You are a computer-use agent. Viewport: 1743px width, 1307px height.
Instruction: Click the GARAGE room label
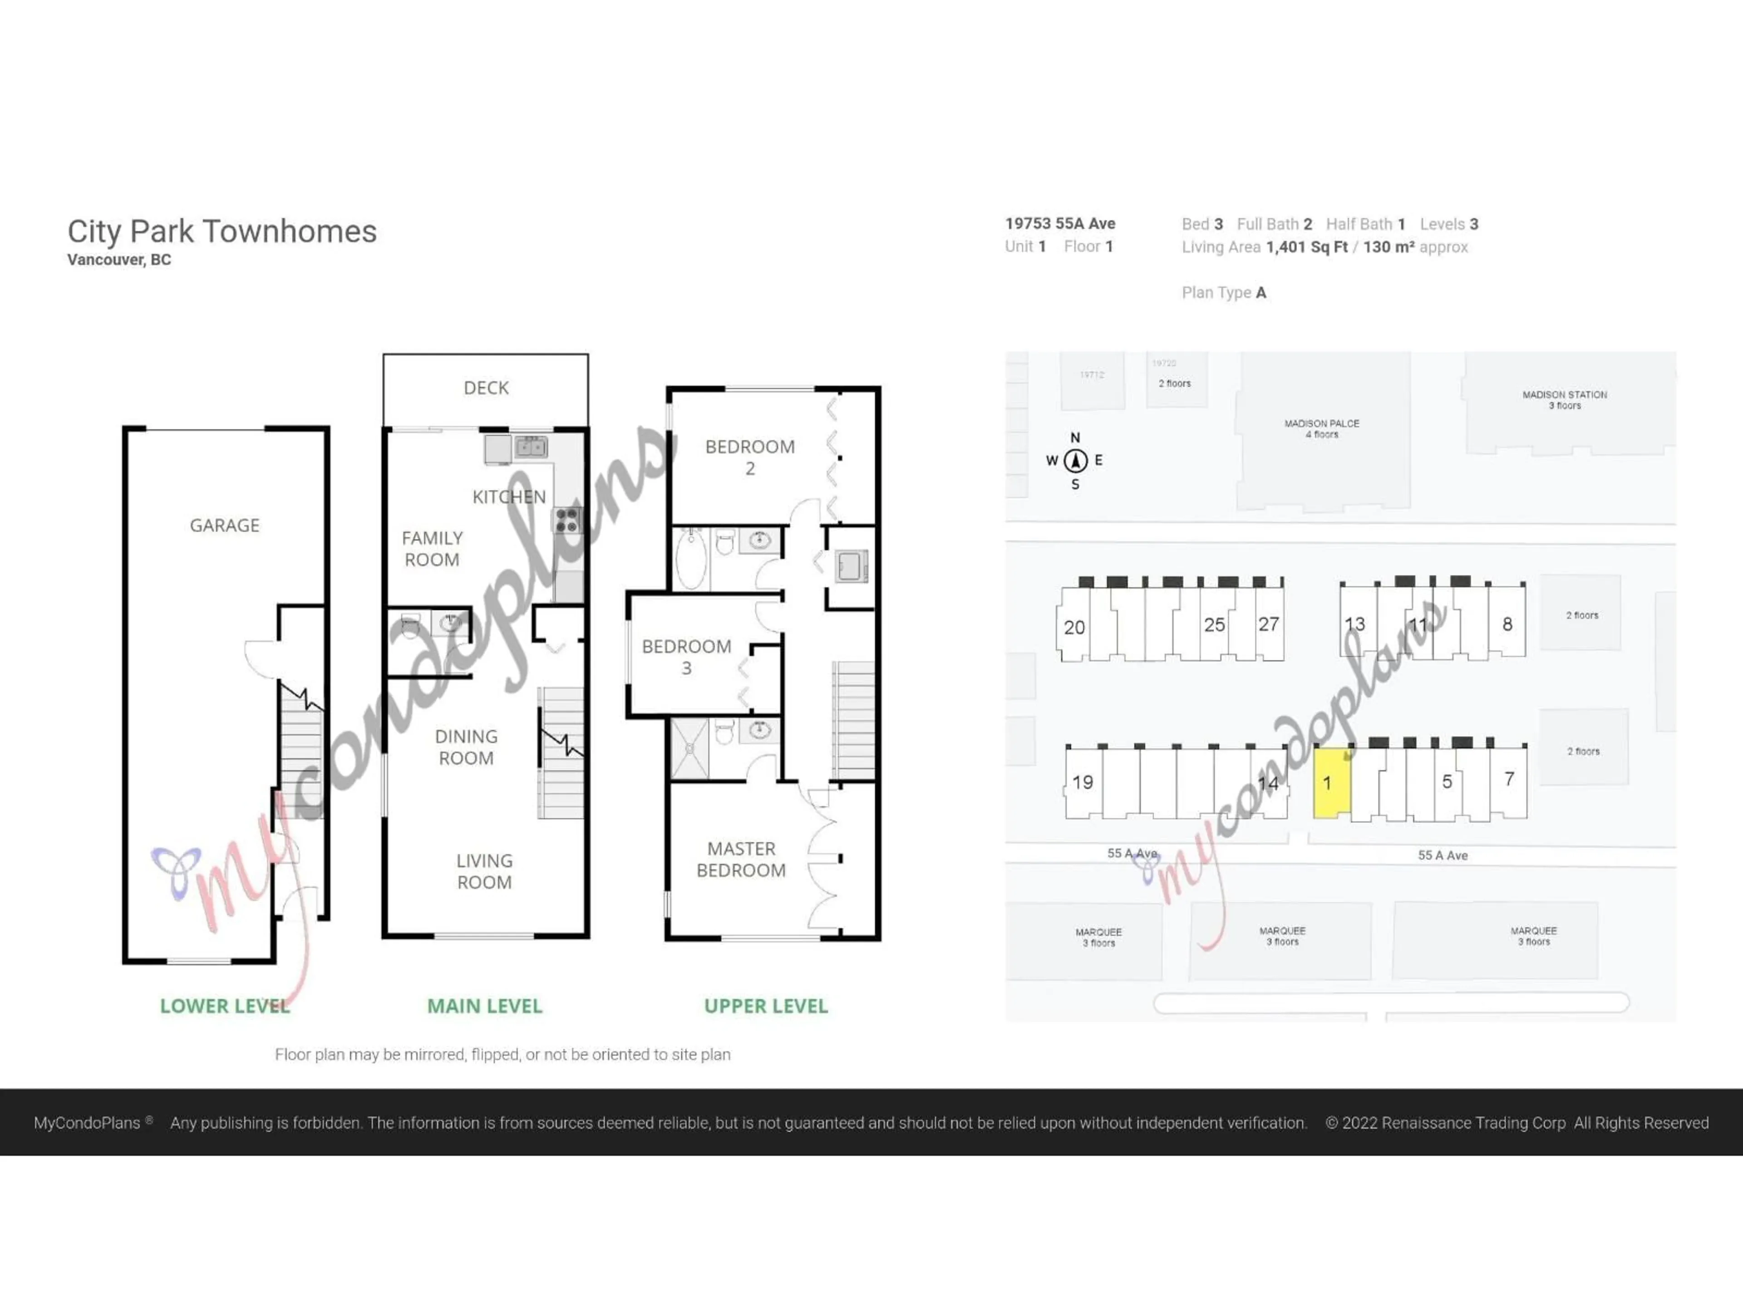(225, 526)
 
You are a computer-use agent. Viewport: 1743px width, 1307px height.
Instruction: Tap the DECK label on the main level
(486, 388)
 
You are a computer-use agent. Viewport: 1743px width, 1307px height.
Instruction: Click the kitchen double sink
(531, 447)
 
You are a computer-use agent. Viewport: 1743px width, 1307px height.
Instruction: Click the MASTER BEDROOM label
(741, 860)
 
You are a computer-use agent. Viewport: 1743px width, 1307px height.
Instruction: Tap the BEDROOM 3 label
(686, 657)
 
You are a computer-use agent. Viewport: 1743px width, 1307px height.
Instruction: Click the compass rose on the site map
(1076, 461)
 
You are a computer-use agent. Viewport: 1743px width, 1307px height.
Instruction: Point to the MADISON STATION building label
(1564, 399)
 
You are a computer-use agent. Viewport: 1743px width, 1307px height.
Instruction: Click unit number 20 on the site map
(1074, 628)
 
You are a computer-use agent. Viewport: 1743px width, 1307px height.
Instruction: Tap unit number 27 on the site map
(1268, 625)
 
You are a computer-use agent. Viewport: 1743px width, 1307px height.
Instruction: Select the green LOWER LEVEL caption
(225, 1006)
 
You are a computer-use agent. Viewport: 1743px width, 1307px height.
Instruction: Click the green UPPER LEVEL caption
(766, 1006)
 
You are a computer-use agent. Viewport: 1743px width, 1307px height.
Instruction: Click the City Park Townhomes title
(222, 231)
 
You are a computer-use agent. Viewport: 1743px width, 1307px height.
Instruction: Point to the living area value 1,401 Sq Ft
(1306, 247)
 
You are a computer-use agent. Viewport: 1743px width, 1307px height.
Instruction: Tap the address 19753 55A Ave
(1060, 224)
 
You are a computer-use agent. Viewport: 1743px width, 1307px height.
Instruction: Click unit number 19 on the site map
(1083, 782)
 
